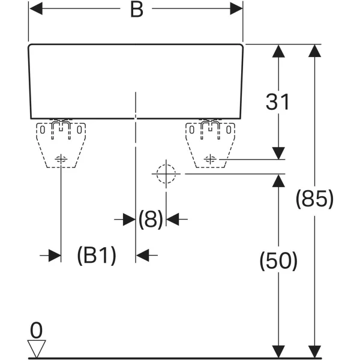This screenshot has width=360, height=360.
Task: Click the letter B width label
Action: (137, 10)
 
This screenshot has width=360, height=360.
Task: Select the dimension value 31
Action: (277, 102)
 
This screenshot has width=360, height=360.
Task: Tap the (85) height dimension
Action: (314, 199)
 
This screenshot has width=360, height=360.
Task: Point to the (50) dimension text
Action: (278, 261)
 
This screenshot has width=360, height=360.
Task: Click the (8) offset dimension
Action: (151, 219)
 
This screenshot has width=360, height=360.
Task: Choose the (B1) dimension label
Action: (97, 256)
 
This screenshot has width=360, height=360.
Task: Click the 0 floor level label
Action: (36, 330)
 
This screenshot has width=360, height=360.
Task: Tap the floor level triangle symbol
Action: (37, 348)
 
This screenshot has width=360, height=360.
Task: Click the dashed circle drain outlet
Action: (166, 174)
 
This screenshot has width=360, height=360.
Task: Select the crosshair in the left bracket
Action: (61, 159)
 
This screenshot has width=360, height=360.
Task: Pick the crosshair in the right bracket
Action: (210, 159)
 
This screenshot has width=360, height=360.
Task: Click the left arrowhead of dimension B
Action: (36, 9)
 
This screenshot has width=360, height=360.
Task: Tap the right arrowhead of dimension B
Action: (236, 9)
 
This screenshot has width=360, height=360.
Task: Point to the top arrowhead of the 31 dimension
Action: (278, 51)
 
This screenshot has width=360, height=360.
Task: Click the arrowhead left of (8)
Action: (129, 220)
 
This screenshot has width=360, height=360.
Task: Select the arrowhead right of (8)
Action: (172, 220)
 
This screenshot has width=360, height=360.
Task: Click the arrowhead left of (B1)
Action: (55, 256)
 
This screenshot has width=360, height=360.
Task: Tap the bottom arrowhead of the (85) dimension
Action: (314, 351)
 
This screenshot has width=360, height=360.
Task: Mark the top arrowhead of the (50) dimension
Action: (278, 181)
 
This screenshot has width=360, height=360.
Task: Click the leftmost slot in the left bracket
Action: (42, 130)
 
